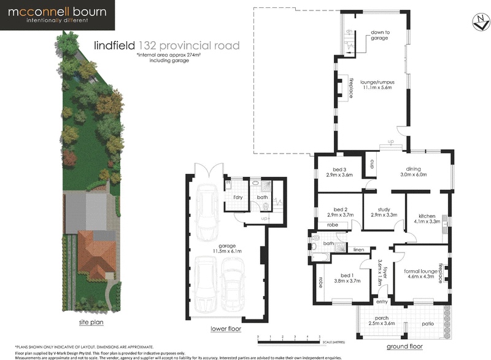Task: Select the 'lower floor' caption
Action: pos(225,329)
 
